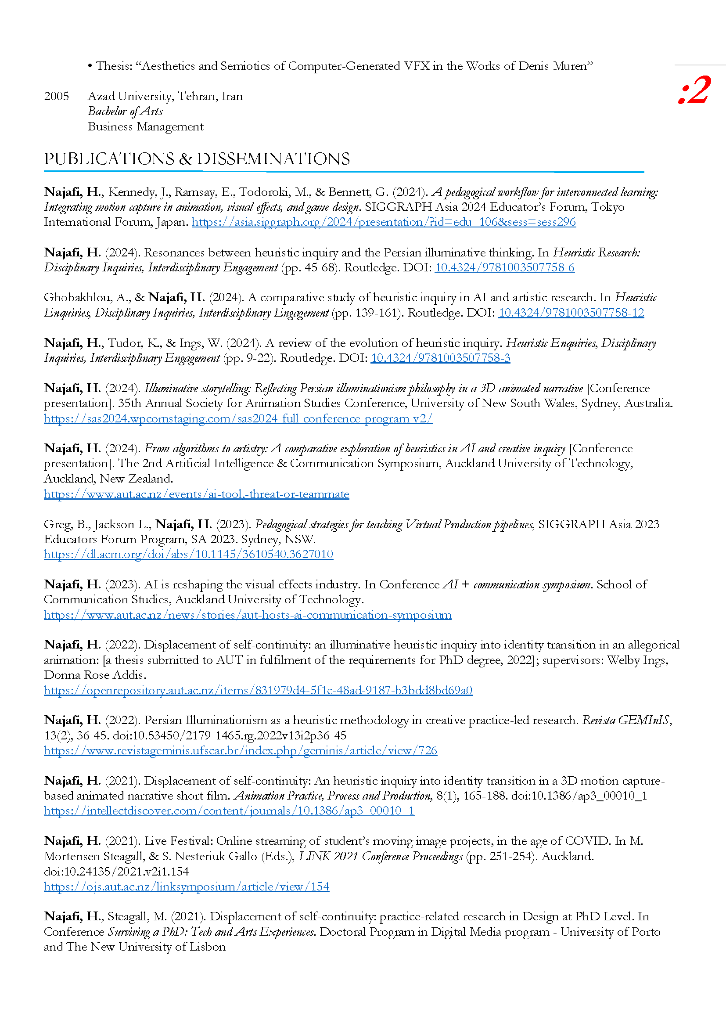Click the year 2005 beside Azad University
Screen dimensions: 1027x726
[56, 96]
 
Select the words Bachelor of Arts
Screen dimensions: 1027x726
[125, 112]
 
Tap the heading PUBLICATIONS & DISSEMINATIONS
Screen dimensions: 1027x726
[197, 159]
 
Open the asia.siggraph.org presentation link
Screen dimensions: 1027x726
[384, 222]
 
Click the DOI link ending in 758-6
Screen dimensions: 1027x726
[504, 267]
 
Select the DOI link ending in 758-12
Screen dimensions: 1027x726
[571, 313]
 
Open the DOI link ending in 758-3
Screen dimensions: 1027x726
[440, 358]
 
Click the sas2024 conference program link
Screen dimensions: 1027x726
[238, 419]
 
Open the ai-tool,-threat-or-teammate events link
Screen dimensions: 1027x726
[196, 494]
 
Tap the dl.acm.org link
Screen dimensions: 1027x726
[188, 554]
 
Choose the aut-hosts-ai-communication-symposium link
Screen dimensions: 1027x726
[247, 615]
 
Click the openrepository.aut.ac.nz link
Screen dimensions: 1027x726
[258, 690]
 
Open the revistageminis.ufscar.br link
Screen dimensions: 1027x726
[240, 750]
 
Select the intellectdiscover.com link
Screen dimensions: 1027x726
[229, 811]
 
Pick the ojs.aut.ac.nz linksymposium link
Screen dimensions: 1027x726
[187, 886]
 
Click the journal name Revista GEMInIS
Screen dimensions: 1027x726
[625, 721]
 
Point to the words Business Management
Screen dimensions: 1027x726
[145, 127]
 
